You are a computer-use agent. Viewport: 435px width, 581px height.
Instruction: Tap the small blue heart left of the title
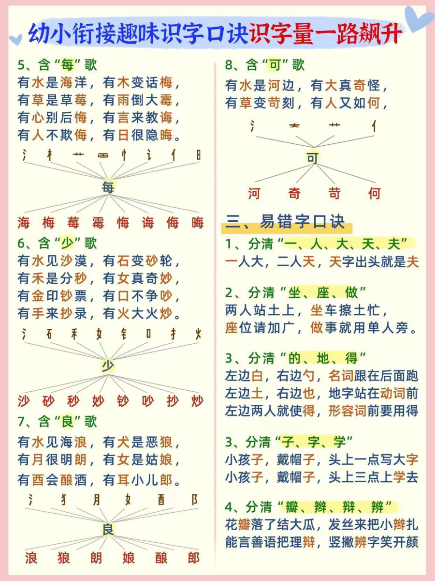coord(16,39)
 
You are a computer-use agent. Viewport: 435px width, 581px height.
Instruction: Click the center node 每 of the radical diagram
coord(108,187)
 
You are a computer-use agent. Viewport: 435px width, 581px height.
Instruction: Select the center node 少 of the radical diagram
coord(108,366)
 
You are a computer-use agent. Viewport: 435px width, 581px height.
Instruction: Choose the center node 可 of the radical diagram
coord(312,158)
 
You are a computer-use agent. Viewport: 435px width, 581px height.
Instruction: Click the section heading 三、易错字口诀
coord(285,222)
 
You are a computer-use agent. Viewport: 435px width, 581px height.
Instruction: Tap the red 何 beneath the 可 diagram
coord(375,194)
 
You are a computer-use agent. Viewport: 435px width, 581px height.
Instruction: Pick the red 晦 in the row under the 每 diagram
coord(198,222)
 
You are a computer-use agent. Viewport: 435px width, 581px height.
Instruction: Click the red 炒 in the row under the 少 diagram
coord(198,401)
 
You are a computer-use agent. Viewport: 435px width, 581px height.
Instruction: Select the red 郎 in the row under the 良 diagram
coord(194,558)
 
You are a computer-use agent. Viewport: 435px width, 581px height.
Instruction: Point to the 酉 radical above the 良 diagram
coord(161,500)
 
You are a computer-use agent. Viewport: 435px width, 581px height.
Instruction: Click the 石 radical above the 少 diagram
coord(49,335)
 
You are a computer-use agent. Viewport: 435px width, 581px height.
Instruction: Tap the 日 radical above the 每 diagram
coord(199,155)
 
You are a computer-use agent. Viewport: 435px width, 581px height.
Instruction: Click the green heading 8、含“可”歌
coord(265,65)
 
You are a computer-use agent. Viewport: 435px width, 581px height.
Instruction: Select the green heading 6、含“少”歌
coord(58,243)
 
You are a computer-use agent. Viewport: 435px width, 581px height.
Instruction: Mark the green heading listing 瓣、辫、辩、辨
coord(308,507)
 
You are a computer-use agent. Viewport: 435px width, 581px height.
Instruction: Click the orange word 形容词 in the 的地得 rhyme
coord(348,411)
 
